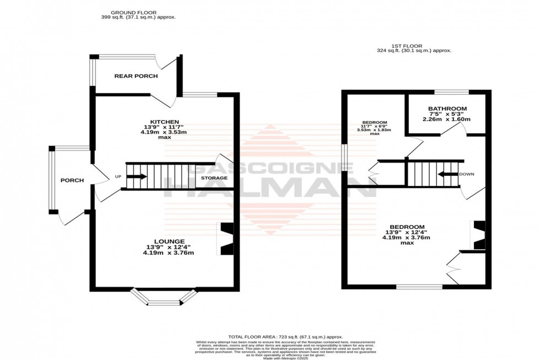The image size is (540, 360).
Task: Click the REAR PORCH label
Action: coord(136,76)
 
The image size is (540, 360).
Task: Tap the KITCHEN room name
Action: coord(158,122)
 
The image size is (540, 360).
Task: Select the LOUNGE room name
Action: coord(165,241)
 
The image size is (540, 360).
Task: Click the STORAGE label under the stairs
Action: coord(214,178)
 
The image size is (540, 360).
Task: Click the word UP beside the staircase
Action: coord(117,177)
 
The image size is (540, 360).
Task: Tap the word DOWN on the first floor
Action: coord(466,174)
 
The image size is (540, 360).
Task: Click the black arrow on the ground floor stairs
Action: coord(137,177)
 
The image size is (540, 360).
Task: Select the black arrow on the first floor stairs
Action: coord(448,174)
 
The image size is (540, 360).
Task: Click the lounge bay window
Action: coord(164,298)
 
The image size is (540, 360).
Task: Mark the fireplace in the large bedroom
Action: coord(478,235)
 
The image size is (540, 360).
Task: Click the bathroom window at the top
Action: coord(452,92)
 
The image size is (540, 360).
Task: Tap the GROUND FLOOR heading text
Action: coord(133,12)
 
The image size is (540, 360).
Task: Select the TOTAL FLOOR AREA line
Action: coord(285,337)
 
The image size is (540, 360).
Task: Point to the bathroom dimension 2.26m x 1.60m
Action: coord(446,119)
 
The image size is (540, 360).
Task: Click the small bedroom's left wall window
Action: coord(344,158)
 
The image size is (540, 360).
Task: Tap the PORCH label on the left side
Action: coord(72,180)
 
